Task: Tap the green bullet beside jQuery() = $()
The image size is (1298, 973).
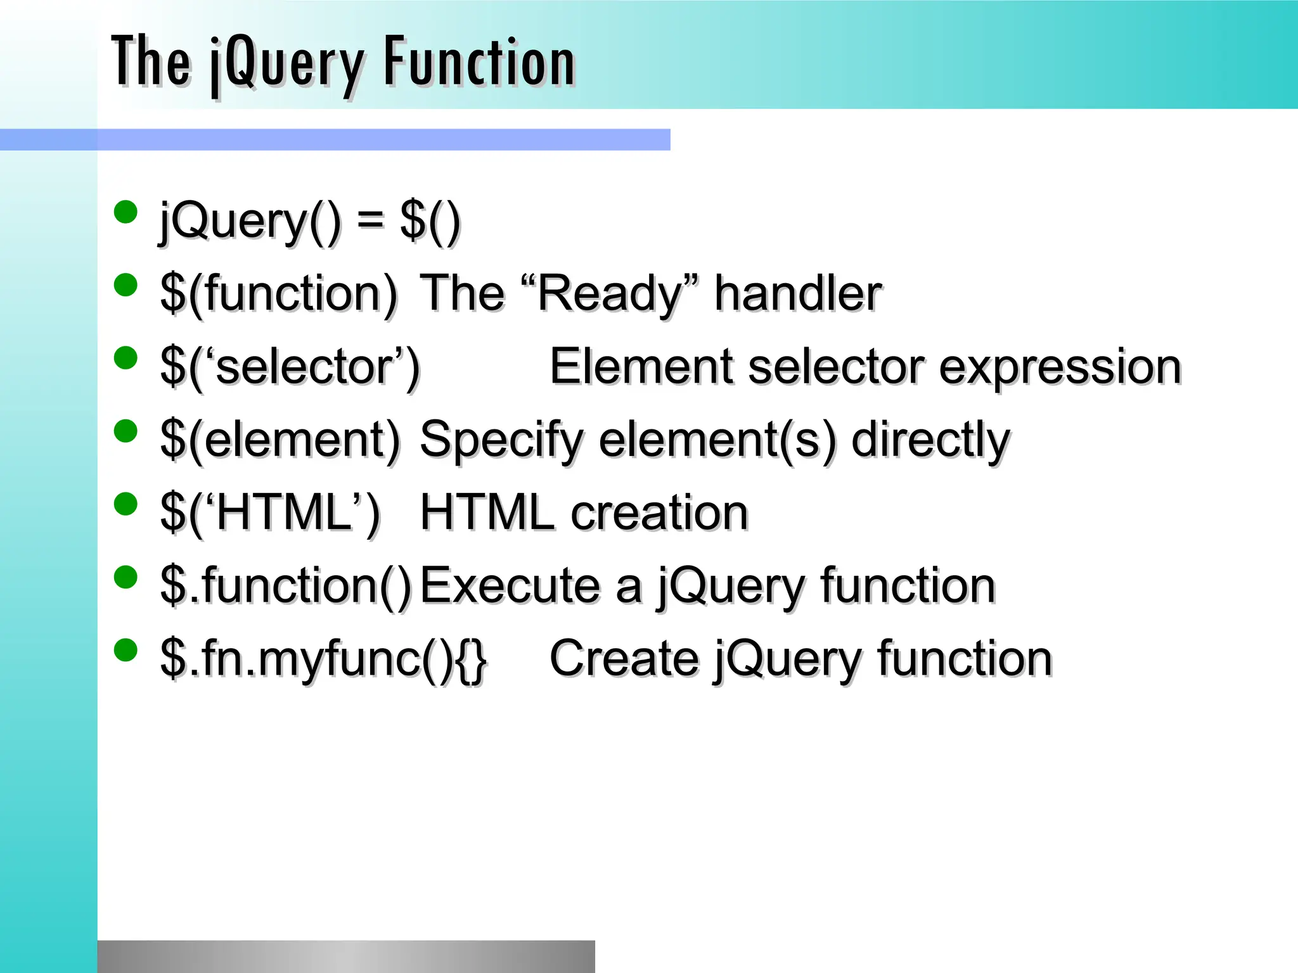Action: tap(125, 212)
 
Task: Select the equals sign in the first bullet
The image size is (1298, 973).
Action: tap(370, 220)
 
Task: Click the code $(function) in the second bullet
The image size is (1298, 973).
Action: tap(279, 293)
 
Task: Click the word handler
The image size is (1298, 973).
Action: tap(797, 293)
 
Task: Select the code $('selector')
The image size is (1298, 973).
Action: tap(290, 367)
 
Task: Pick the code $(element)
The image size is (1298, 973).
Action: tap(280, 439)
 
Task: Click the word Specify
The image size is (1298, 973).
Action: tap(501, 440)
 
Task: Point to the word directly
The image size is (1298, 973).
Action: tap(930, 439)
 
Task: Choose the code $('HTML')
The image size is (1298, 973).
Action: tap(270, 512)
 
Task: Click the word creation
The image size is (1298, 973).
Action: tap(659, 512)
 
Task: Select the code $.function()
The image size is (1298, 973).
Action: tap(286, 585)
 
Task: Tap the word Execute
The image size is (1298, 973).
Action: tap(510, 585)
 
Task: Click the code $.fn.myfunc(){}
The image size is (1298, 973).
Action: tap(323, 659)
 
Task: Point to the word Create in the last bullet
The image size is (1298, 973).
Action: tap(624, 658)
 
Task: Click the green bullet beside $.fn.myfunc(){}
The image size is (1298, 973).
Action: tap(125, 650)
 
